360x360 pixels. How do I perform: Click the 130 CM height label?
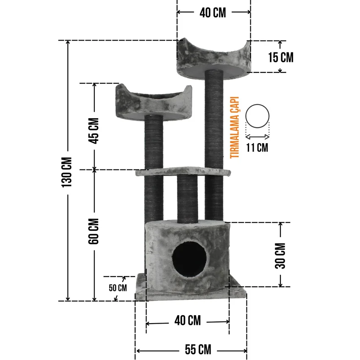[x=67, y=172]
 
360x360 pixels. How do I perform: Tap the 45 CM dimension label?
[x=94, y=131]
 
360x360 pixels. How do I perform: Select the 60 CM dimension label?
[x=94, y=231]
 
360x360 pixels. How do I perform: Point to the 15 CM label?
[x=281, y=58]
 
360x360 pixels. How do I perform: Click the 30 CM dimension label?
[x=280, y=256]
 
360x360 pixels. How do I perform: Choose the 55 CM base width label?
[x=198, y=350]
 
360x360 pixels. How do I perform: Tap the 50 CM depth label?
[x=118, y=288]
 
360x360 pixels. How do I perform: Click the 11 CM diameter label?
[x=257, y=147]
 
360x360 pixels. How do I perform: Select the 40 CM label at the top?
[x=213, y=13]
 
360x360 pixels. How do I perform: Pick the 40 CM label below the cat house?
[x=188, y=320]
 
